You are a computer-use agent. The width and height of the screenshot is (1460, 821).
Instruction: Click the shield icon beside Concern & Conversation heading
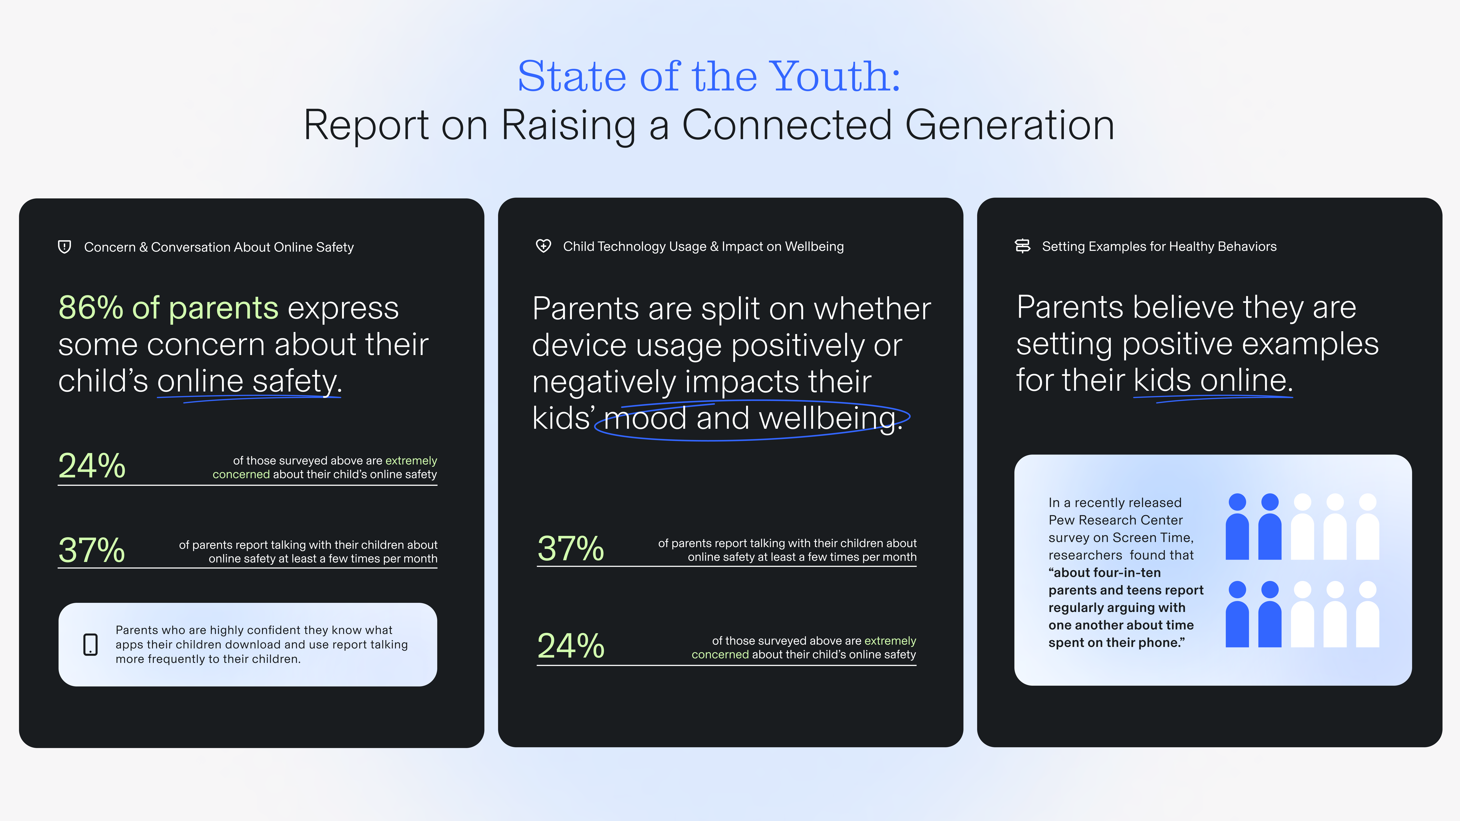tap(65, 247)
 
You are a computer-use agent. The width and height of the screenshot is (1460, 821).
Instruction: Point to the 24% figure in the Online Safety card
tap(92, 466)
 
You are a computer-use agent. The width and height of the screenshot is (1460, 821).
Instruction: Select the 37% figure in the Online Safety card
tap(92, 550)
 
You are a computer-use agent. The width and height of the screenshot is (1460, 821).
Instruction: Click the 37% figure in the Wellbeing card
tap(571, 548)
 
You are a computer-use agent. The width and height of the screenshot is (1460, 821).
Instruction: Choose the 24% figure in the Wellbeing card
tap(571, 646)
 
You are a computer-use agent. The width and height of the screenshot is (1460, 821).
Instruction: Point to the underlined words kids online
tap(1213, 380)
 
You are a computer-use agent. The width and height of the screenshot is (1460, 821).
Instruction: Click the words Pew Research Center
tap(1115, 520)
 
